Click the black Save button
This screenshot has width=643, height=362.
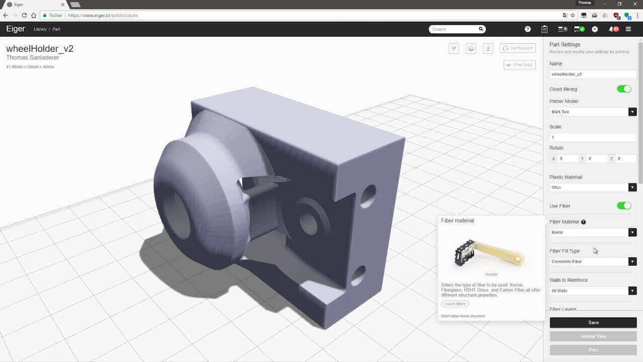tap(593, 322)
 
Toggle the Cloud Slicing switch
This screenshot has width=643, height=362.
tap(623, 89)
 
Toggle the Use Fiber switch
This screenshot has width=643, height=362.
tap(623, 206)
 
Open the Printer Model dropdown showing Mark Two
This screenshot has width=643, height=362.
tap(593, 112)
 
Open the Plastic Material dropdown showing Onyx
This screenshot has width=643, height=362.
tap(593, 187)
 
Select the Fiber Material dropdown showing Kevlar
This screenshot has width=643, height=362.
tap(593, 233)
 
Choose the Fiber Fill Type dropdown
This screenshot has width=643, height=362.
tap(593, 262)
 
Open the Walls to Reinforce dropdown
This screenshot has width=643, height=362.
tap(593, 291)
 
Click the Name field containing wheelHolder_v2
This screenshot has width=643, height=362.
tap(593, 74)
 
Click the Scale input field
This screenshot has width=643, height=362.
tap(593, 137)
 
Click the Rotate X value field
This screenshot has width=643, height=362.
tap(568, 159)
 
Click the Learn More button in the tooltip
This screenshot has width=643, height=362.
tap(455, 304)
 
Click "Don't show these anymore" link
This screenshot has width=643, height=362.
tap(463, 316)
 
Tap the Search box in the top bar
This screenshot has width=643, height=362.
tap(454, 29)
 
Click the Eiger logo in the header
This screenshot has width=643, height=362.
tap(16, 29)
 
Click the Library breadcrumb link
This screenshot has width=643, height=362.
tap(40, 30)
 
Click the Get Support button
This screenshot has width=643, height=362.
tap(518, 48)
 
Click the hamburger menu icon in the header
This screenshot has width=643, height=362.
tap(628, 29)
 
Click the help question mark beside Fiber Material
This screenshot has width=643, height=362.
tap(583, 222)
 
